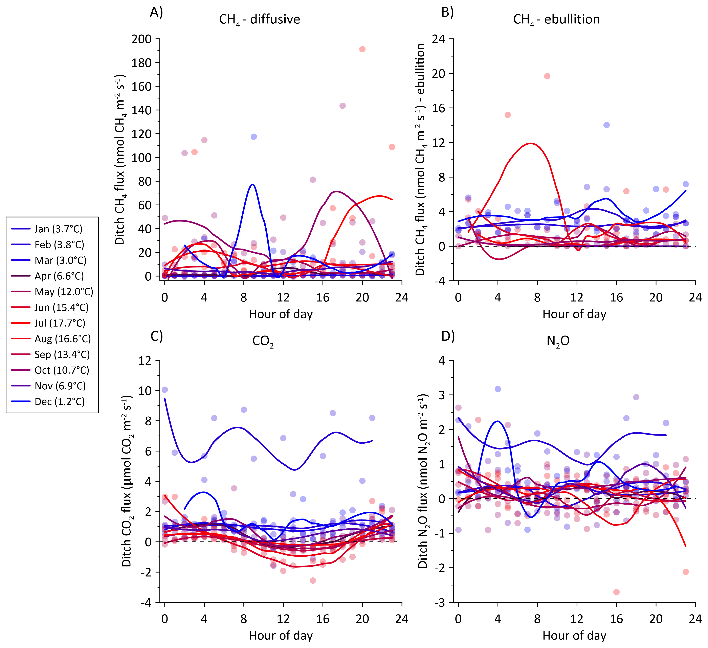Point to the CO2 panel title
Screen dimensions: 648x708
click(x=263, y=341)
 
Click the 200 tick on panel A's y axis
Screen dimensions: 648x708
click(x=141, y=39)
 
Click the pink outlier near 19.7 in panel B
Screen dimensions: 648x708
click(x=547, y=76)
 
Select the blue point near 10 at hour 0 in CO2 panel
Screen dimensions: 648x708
click(x=165, y=390)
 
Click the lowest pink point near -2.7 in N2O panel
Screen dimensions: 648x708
click(x=616, y=592)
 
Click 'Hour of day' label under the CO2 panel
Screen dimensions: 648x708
click(x=281, y=635)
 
